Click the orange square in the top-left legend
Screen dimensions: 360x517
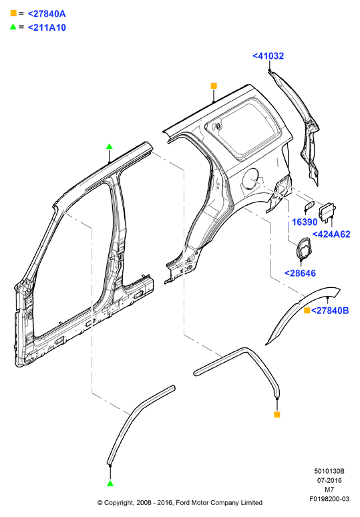coord(13,13)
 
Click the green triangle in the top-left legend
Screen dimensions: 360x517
coord(13,27)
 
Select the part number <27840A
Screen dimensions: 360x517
coord(47,13)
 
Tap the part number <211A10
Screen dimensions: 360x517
coord(47,27)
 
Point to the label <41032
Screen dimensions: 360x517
coord(268,55)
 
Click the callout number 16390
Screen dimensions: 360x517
coord(305,222)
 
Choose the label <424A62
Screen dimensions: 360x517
coord(331,234)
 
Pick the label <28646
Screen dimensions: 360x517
coord(300,273)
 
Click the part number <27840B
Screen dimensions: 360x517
coord(330,310)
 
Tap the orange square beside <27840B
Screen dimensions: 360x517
coord(307,310)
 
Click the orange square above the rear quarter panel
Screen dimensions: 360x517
coord(214,85)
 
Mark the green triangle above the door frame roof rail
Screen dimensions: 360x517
coord(110,146)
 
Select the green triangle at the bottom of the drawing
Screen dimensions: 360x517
coord(110,483)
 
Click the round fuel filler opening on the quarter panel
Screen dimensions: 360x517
coord(252,179)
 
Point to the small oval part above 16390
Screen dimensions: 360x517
coord(309,206)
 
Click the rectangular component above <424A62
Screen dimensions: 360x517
coord(327,211)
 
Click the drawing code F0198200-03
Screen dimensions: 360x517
coord(329,499)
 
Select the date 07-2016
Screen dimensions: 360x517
coord(329,480)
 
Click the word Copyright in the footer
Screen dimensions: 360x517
coord(119,503)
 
